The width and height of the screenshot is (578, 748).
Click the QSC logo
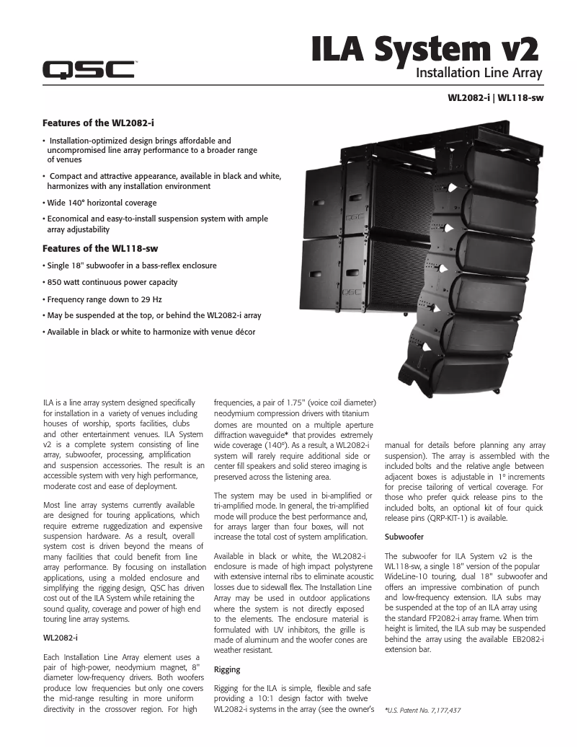point(88,70)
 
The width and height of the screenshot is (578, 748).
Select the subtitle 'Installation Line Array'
point(479,73)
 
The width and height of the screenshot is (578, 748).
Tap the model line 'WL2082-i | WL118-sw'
point(494,97)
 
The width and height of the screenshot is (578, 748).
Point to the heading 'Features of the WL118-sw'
point(100,248)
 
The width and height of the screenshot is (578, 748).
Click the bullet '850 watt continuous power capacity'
point(112,282)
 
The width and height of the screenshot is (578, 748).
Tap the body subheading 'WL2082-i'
point(61,638)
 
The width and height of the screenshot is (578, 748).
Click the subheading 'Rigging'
point(227,669)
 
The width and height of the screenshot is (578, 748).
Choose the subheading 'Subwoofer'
point(404,537)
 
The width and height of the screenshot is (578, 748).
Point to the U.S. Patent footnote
point(423,710)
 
